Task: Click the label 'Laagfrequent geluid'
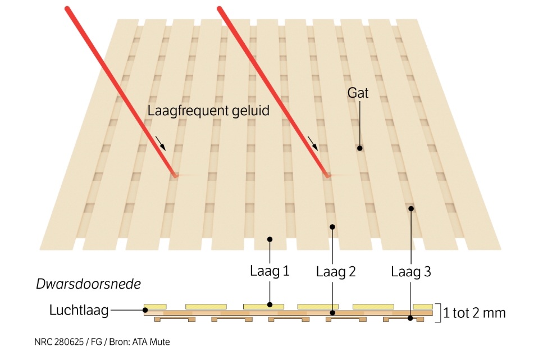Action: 208,110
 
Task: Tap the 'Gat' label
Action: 358,93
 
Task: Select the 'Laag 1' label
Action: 270,272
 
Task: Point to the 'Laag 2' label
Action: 336,272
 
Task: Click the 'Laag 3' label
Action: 411,272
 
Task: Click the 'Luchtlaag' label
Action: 79,310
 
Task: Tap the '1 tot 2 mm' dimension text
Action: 474,313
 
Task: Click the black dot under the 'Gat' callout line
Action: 359,148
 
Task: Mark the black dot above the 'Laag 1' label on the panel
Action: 270,239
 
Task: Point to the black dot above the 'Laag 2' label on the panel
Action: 332,227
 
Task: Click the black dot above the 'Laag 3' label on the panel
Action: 411,208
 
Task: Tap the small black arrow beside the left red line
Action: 161,143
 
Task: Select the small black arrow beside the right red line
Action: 313,144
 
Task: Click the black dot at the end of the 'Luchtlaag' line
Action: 145,310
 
